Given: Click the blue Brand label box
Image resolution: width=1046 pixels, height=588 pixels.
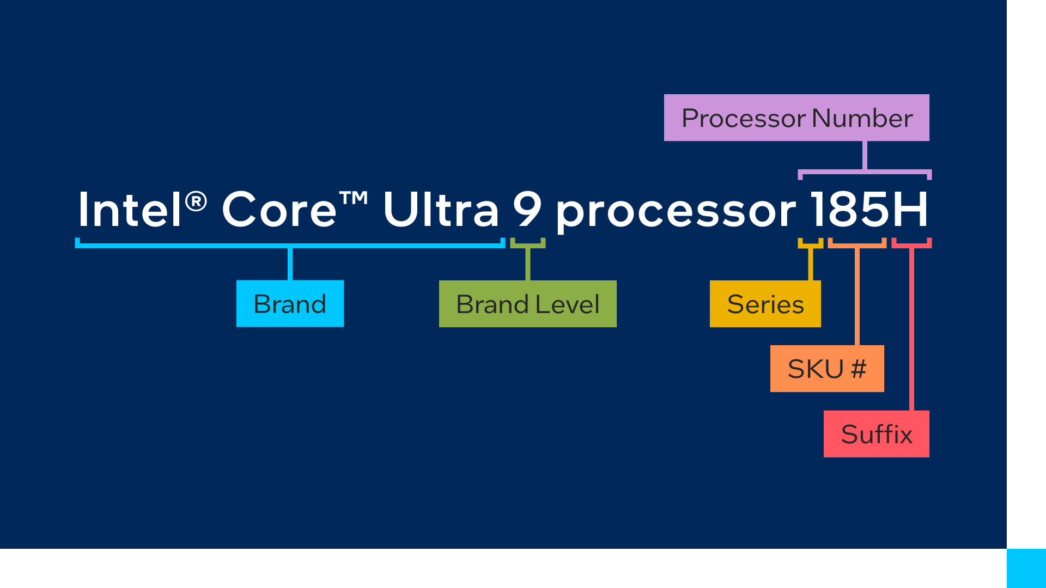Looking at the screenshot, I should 290,304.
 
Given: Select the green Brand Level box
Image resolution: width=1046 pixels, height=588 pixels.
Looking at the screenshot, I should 527,304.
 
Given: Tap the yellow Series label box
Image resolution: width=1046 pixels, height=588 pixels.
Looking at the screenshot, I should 765,304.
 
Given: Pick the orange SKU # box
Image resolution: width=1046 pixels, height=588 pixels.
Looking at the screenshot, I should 827,369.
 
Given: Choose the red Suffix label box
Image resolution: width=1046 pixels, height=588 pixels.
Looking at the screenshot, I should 876,434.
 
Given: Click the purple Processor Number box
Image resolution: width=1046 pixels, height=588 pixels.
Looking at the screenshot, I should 796,118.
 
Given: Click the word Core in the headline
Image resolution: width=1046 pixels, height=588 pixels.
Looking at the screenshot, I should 279,210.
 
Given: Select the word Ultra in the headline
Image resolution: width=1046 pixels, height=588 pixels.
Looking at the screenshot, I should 440,210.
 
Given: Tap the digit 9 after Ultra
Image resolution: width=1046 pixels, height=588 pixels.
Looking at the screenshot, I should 527,210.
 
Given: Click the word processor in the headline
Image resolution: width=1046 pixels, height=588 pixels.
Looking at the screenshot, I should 676,212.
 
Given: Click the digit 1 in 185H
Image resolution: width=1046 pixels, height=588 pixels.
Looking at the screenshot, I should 819,210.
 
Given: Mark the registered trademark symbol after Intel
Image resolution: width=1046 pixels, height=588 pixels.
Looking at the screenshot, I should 196,201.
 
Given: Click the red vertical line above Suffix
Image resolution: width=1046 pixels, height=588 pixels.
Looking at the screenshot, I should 911,327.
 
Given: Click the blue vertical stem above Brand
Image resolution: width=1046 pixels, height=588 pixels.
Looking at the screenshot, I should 290,264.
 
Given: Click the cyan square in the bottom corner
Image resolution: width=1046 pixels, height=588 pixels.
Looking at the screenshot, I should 1026,568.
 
